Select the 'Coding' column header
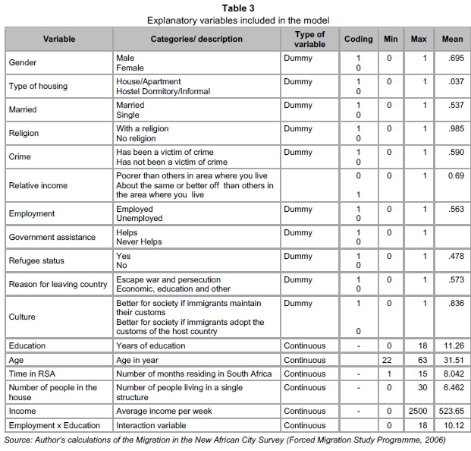[359, 39]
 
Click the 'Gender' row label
[22, 62]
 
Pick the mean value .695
[452, 58]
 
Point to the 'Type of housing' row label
[38, 86]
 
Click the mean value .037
[452, 81]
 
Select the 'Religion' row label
[24, 133]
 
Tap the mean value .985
[452, 128]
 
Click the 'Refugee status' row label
[37, 260]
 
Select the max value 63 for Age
[419, 359]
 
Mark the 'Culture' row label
[23, 317]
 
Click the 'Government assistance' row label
[52, 237]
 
